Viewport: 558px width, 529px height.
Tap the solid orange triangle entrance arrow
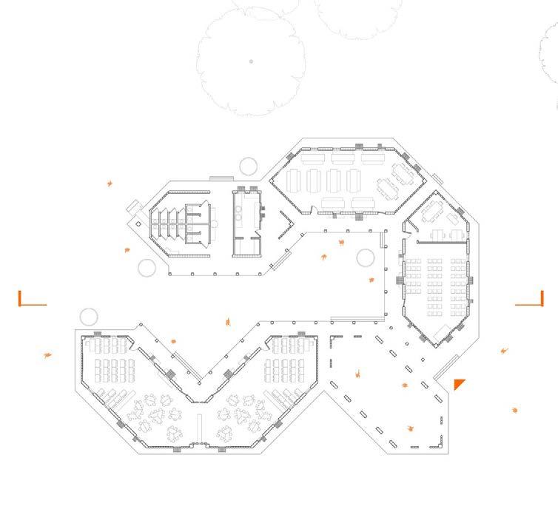click(459, 383)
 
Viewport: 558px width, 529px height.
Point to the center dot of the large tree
click(252, 61)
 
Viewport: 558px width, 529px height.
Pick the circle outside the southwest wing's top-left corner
click(88, 317)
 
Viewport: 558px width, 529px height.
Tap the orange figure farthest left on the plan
click(49, 355)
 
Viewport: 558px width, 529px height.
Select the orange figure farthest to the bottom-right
click(515, 409)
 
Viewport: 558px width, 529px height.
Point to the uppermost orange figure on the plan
click(110, 183)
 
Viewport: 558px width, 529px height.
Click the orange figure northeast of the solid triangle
click(505, 350)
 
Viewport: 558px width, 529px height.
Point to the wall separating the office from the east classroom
click(437, 240)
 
